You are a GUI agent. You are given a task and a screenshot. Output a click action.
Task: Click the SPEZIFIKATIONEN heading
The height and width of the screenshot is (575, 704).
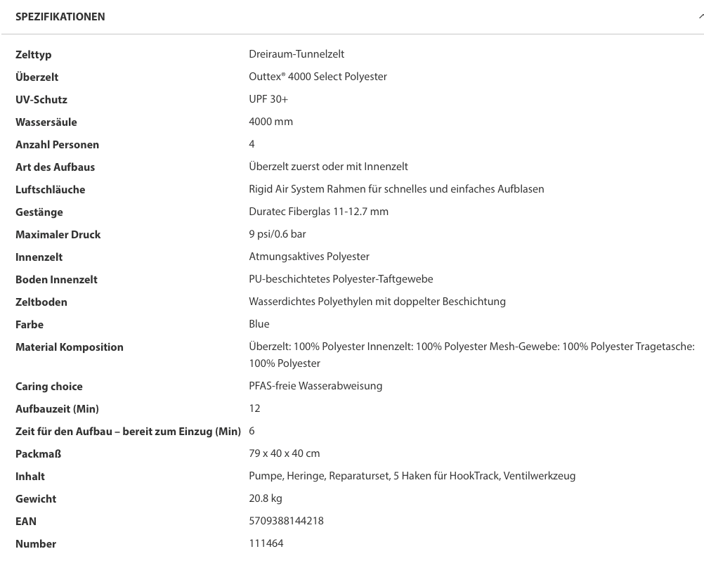click(60, 17)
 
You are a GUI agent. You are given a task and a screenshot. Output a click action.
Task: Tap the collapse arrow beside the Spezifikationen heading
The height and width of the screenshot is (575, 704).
click(700, 16)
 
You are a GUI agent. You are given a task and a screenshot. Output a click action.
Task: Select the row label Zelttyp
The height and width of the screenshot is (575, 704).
click(34, 55)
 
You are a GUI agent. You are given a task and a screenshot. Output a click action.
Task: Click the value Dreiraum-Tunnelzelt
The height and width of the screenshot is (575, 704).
click(296, 54)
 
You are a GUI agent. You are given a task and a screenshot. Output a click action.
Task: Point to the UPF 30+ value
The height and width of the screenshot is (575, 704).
click(268, 99)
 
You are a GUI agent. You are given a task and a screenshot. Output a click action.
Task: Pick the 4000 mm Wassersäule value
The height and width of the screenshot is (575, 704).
click(270, 122)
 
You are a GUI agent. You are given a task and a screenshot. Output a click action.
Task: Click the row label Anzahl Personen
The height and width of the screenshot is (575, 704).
click(57, 145)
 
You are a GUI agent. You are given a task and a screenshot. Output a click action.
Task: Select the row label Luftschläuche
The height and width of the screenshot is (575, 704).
click(50, 190)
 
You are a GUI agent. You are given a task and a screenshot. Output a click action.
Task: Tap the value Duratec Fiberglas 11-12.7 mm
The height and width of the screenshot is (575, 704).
click(318, 212)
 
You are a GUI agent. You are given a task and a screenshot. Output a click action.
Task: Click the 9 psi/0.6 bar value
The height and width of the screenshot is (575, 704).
click(277, 234)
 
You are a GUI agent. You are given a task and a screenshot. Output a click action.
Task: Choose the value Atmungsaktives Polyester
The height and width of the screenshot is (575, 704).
click(308, 257)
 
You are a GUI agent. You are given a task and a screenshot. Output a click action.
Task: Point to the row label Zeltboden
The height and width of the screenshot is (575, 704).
click(41, 302)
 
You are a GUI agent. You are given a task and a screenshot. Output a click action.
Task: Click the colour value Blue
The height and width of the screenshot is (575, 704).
click(259, 324)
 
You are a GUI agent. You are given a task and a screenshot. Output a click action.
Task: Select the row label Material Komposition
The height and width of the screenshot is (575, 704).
click(70, 347)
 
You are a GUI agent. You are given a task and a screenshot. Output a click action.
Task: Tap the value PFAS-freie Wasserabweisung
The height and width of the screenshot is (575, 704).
click(315, 386)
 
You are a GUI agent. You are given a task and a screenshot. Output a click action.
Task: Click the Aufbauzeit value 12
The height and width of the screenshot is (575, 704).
click(254, 408)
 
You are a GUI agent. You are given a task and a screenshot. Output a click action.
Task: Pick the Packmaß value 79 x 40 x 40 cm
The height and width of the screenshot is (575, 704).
click(284, 453)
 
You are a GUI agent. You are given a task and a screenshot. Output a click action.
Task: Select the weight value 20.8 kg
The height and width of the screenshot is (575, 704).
click(266, 498)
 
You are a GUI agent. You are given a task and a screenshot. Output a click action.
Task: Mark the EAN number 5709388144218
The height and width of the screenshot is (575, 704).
click(286, 521)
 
